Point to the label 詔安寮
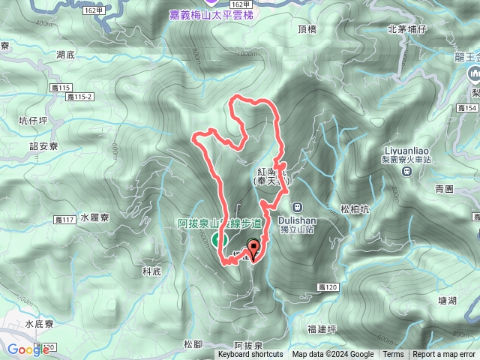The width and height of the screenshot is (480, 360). coord(43,146)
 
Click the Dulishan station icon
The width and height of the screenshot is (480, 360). coord(297,207)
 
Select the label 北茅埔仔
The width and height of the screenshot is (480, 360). coord(406,29)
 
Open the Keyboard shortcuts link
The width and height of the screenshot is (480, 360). coord(250,355)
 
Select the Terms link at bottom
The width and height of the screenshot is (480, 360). coord(393,355)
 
